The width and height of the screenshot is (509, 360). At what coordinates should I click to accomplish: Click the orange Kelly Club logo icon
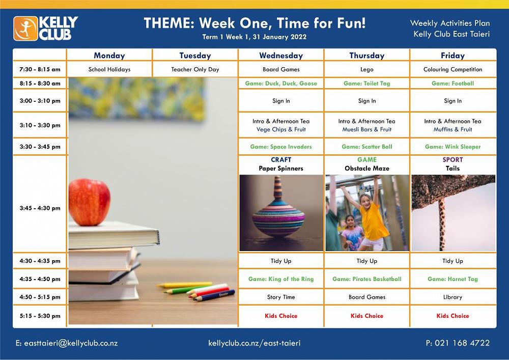[25, 29]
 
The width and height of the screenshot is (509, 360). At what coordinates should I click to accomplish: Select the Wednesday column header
[281, 56]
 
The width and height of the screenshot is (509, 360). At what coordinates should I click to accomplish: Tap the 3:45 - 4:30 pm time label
[40, 208]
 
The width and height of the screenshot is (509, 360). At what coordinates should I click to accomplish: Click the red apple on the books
[89, 202]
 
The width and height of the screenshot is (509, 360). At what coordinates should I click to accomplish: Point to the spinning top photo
[281, 213]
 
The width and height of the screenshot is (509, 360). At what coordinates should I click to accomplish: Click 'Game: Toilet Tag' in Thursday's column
[367, 84]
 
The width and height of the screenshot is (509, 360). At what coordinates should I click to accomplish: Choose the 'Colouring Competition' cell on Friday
[453, 69]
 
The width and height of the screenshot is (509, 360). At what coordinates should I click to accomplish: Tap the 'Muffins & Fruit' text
[453, 129]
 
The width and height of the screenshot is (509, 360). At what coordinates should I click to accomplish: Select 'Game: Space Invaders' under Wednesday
[281, 147]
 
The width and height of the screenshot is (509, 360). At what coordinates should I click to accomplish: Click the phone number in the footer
[458, 343]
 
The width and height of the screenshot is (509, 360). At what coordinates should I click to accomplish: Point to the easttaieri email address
[67, 343]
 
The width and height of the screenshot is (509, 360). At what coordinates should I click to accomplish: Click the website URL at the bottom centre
[254, 343]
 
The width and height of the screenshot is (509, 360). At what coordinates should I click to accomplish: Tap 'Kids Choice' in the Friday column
[453, 316]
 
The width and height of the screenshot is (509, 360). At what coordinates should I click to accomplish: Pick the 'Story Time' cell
[281, 297]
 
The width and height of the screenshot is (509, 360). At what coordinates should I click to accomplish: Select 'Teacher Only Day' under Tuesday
[195, 69]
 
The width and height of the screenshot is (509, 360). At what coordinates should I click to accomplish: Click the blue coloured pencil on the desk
[214, 295]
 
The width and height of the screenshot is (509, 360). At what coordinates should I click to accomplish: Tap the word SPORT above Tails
[453, 160]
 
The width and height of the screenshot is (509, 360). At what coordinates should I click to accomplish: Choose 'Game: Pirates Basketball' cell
[367, 279]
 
